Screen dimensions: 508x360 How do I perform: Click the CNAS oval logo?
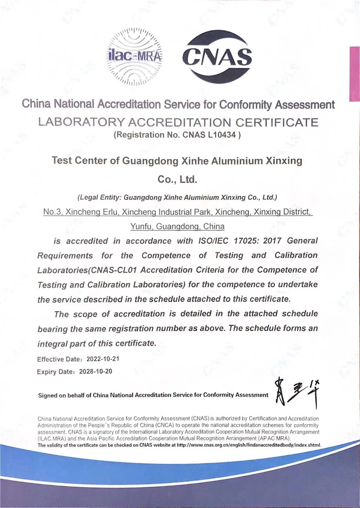pyautogui.click(x=216, y=57)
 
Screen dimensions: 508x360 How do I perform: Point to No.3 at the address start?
pyautogui.click(x=53, y=211)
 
